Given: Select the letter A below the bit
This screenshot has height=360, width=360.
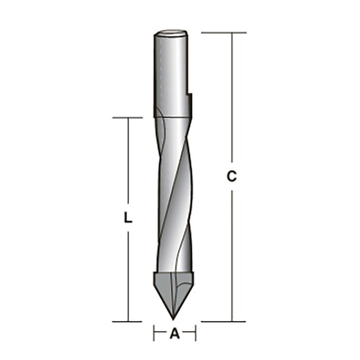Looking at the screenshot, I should [174, 333].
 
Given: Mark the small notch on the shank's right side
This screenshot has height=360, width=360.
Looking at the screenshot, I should [192, 95].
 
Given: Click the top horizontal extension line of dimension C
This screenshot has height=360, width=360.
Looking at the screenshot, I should [216, 32].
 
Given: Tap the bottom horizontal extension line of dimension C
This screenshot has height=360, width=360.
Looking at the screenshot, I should [216, 320].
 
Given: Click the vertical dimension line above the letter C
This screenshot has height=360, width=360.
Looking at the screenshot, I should [231, 101].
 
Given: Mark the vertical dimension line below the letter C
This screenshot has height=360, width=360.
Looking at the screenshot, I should [231, 252].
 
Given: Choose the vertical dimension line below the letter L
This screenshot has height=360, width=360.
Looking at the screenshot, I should [127, 274].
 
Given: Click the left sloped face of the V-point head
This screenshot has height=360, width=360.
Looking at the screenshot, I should [164, 292].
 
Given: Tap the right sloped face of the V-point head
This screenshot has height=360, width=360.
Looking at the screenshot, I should [184, 292].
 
